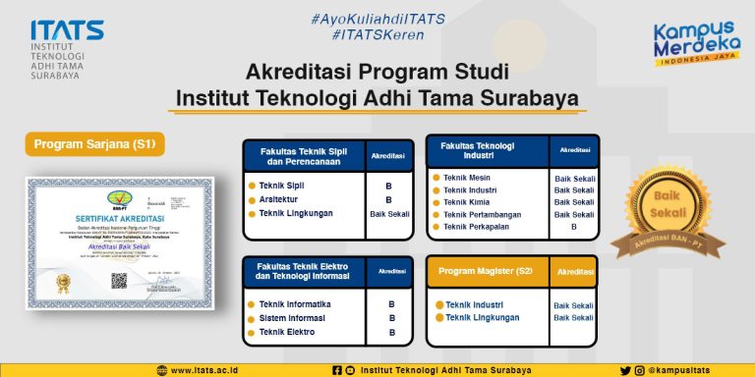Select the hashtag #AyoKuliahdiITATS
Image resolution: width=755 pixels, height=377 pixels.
[x=378, y=19]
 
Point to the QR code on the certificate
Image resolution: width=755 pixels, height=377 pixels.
[x=119, y=280]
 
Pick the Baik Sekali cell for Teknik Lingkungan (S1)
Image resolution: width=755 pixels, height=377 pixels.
[x=390, y=213]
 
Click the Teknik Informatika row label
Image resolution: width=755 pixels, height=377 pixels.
[x=294, y=304]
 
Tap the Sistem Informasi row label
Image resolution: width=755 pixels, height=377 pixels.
[x=293, y=318]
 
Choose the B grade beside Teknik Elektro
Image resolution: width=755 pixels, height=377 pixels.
[x=391, y=333]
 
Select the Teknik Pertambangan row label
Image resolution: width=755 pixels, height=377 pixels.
[x=485, y=214]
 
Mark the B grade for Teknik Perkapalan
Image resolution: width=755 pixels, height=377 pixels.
[x=574, y=227]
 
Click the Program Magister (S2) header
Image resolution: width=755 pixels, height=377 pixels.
[x=486, y=270]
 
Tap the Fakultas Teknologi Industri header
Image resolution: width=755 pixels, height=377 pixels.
[x=487, y=150]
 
